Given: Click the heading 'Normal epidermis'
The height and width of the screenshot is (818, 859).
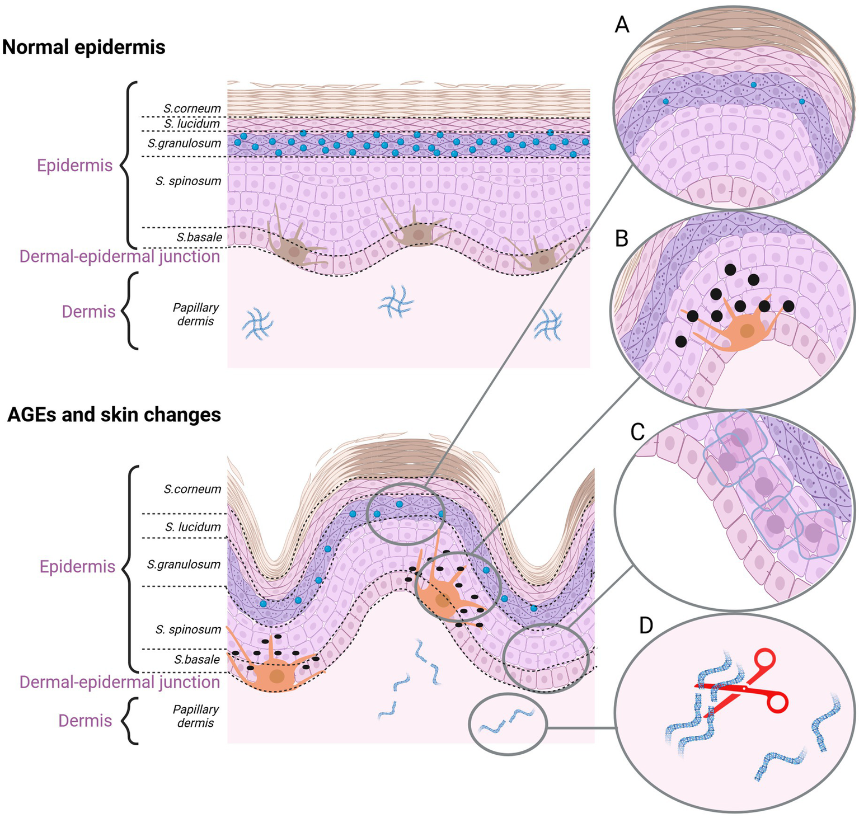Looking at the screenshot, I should click(84, 47).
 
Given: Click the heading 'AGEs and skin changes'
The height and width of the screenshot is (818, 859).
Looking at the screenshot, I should click(114, 415).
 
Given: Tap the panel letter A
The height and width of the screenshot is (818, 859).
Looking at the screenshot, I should click(622, 25).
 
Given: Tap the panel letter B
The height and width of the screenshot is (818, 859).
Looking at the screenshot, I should click(622, 238).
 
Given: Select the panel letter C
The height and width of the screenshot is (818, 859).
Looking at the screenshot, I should click(637, 431).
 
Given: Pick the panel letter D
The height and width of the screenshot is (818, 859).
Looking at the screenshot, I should click(646, 626).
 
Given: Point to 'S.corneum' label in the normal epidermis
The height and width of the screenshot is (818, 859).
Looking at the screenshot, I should click(192, 108).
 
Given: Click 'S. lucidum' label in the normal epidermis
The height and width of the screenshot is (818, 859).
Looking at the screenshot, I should click(192, 123).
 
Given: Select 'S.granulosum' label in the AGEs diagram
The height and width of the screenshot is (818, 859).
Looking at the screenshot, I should click(184, 564).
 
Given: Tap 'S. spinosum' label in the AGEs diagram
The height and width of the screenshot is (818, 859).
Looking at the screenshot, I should click(188, 629).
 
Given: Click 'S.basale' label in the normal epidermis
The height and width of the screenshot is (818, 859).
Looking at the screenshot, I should click(199, 237).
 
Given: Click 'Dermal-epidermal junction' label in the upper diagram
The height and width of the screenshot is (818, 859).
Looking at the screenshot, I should click(120, 256).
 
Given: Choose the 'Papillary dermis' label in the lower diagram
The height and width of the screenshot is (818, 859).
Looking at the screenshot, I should click(195, 716).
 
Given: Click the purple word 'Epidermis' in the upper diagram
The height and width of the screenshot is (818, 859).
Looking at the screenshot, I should click(75, 166).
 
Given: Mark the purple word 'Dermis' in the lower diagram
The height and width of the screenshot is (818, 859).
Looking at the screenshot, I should click(85, 721).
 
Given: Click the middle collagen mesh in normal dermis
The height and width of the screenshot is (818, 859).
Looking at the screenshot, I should click(396, 305).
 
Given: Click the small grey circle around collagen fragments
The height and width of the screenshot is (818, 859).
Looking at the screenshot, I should click(507, 724).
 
